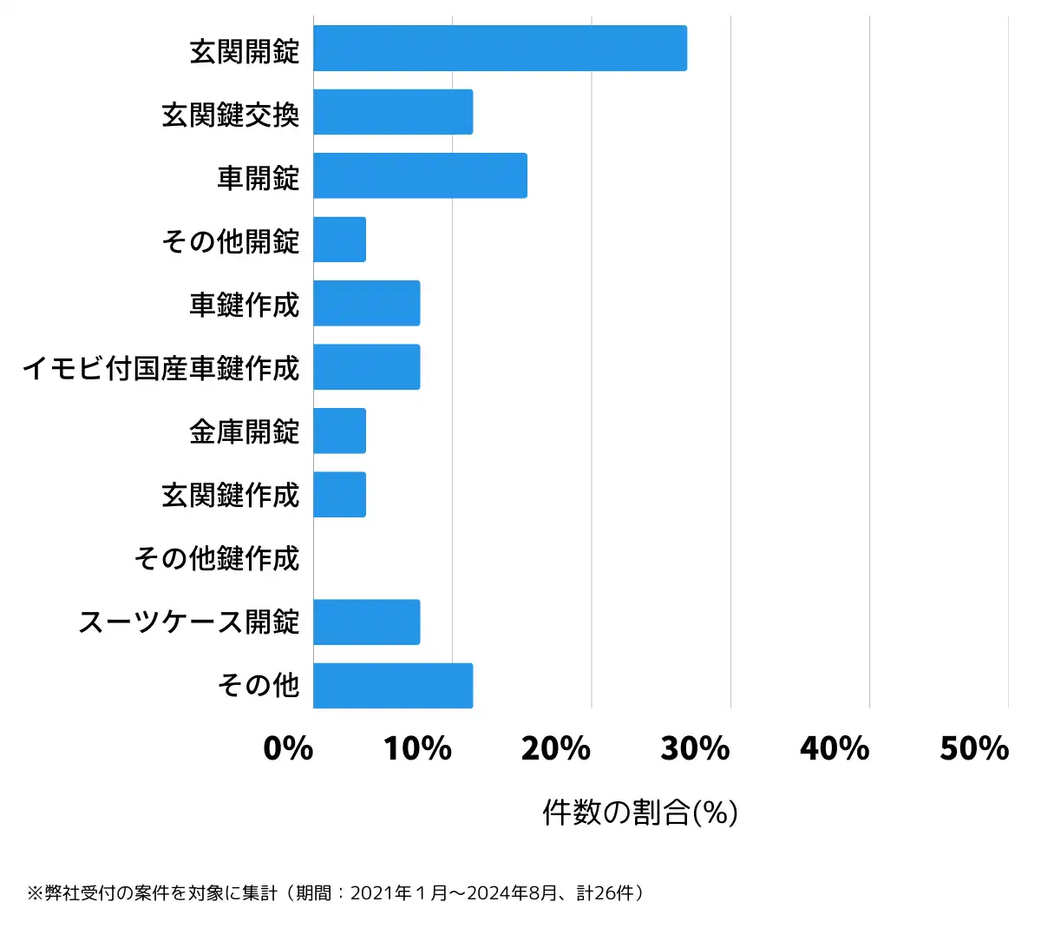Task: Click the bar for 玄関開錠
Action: click(500, 49)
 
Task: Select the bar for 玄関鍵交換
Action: click(393, 112)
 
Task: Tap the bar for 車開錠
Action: click(420, 175)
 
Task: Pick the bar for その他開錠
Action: click(339, 240)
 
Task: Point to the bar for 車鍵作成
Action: click(366, 303)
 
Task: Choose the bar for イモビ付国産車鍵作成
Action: click(366, 366)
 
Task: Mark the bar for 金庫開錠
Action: click(339, 431)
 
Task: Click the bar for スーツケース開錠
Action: click(366, 622)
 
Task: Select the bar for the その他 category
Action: click(393, 686)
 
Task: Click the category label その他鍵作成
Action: click(217, 558)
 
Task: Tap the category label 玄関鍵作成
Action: click(231, 495)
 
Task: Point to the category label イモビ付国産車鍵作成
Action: click(160, 367)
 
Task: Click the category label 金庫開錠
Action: click(245, 431)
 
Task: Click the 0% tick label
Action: click(288, 748)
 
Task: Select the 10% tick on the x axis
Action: click(418, 748)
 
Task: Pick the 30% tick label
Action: click(696, 748)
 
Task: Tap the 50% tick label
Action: click(974, 748)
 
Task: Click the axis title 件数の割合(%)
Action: click(640, 813)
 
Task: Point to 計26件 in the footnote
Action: click(606, 893)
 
